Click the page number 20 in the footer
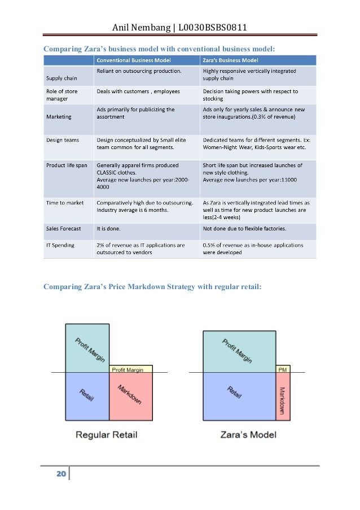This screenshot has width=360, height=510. pos(60,473)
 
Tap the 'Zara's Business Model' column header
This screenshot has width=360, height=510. pos(231,60)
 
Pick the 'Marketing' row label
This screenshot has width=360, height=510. pos(59,117)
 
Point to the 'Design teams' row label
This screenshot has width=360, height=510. pos(62,139)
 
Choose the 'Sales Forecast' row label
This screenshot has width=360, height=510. pos(63,229)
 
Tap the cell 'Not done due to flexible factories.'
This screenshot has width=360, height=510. pos(244,229)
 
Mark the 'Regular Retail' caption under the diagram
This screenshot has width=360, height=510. pos(107,435)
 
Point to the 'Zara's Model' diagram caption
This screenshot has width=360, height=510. pos(248,435)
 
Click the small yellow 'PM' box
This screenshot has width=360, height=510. pos(283,369)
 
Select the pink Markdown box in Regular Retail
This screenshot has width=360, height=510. pos(130,396)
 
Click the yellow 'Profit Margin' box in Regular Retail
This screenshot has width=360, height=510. pos(130,369)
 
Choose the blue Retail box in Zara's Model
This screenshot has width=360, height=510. pos(239,396)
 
